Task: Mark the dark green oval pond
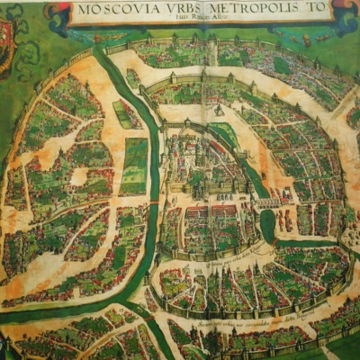267,225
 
